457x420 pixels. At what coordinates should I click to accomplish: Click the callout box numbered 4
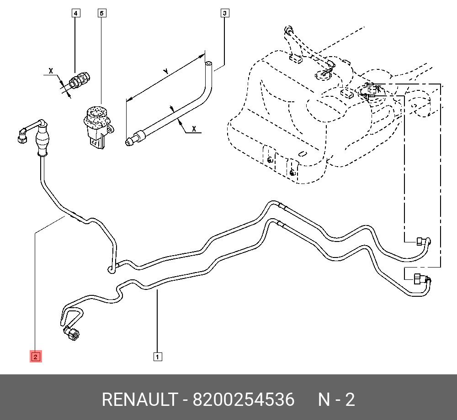pos(76,13)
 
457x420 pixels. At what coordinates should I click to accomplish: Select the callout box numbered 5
pos(102,13)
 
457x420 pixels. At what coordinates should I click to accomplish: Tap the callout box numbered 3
pos(224,13)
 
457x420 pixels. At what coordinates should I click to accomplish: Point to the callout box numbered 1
pos(157,357)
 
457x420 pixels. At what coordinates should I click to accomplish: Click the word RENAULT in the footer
pos(139,400)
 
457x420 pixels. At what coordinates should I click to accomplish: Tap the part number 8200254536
pos(244,400)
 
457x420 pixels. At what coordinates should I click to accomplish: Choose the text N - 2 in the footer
pos(336,400)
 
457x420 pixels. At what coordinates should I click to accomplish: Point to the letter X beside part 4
pos(51,71)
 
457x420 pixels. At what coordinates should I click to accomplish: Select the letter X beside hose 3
pos(194,129)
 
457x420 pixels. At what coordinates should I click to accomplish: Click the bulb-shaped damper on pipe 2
pos(43,142)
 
